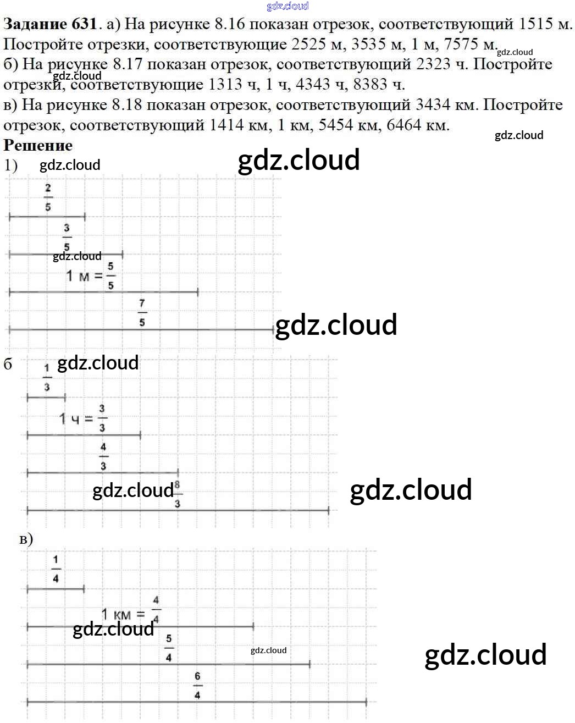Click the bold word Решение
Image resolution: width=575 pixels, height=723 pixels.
tap(38, 145)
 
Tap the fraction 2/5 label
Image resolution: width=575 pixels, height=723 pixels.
tap(48, 197)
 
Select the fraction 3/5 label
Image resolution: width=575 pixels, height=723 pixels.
tap(67, 236)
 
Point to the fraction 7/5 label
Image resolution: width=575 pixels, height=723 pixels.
tap(142, 312)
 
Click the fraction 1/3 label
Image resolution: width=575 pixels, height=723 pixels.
tap(47, 377)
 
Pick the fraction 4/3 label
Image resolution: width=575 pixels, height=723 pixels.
tap(103, 456)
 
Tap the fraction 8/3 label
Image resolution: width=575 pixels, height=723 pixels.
tap(177, 494)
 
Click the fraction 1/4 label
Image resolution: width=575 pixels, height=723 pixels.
tap(56, 569)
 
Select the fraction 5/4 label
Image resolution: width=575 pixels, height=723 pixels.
tap(168, 648)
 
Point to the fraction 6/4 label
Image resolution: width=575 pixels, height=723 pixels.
tap(197, 685)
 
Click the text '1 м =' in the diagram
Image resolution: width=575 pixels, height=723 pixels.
tap(84, 275)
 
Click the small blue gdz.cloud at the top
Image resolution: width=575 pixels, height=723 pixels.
tap(287, 6)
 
